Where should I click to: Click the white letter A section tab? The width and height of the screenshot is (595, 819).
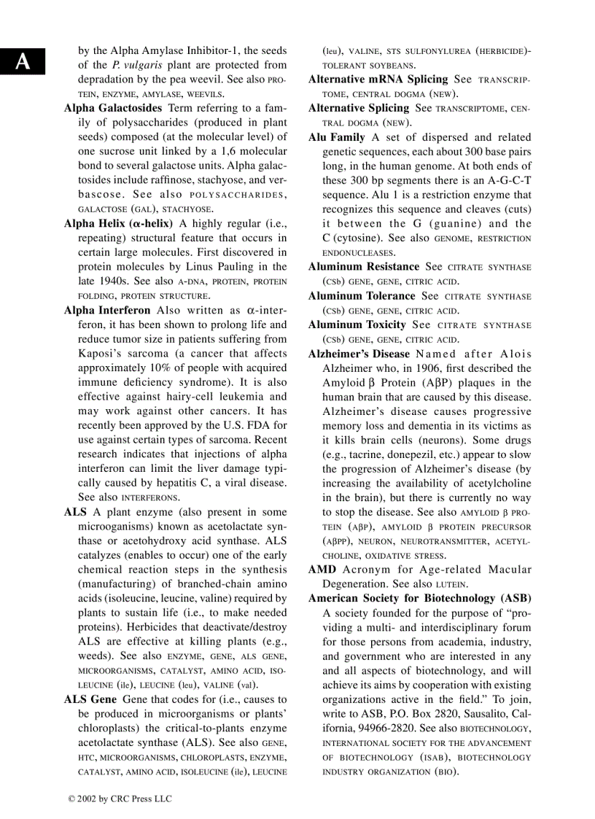(23, 61)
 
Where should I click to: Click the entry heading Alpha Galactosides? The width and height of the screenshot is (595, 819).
(113, 108)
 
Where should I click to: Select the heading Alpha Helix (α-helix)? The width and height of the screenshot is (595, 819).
(118, 223)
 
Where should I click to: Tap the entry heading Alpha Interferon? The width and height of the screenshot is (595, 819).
(107, 310)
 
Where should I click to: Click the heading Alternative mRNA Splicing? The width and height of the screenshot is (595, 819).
(378, 79)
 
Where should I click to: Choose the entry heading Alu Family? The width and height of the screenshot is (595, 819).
(337, 137)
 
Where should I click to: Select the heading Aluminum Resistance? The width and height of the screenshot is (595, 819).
(364, 267)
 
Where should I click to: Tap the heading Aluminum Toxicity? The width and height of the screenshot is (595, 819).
(357, 325)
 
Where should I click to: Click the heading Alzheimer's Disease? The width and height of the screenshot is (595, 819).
(359, 354)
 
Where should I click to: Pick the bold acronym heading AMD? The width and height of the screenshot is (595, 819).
(322, 570)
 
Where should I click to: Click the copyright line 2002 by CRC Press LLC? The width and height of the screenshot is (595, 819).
(120, 799)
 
